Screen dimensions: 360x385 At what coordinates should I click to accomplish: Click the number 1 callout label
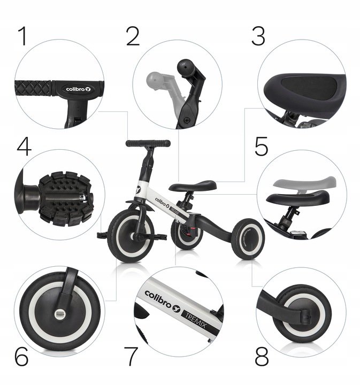[23, 36]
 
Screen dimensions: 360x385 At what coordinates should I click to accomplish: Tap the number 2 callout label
[133, 36]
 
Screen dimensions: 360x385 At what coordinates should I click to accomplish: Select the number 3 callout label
[258, 36]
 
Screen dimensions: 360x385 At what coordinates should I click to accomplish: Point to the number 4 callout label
[24, 147]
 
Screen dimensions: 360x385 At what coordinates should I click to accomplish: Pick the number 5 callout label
[261, 147]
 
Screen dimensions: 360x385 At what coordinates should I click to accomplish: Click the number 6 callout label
[21, 357]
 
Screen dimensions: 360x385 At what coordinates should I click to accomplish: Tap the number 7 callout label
[131, 357]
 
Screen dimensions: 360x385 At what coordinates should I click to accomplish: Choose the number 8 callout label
[262, 357]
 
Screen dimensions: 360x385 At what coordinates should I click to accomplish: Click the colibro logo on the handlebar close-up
[78, 89]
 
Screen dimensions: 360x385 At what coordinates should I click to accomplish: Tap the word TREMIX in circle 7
[195, 319]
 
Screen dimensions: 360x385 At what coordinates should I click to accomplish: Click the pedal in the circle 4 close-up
[66, 198]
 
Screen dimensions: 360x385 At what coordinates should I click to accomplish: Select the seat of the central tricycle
[193, 186]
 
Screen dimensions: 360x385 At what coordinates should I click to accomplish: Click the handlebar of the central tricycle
[148, 143]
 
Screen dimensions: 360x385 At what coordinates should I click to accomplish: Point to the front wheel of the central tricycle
[131, 236]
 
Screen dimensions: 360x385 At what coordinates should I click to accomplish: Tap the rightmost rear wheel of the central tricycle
[248, 238]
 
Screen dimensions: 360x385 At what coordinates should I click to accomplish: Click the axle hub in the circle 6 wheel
[60, 314]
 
